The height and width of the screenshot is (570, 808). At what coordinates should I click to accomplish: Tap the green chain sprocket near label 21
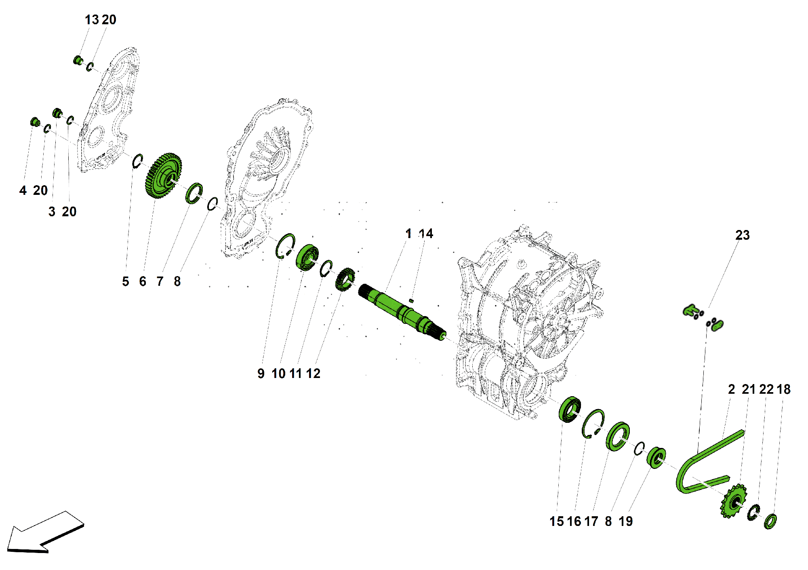click(x=732, y=501)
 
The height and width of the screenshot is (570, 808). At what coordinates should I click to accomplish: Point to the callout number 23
click(x=742, y=235)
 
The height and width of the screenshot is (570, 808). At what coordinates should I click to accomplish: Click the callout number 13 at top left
click(x=92, y=20)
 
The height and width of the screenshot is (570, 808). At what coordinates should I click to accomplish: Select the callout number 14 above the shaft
click(x=426, y=234)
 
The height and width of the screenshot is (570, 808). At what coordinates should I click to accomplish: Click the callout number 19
click(x=625, y=521)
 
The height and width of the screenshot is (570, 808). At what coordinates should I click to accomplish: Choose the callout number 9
click(x=261, y=374)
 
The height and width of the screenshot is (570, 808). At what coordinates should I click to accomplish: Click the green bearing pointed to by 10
click(x=307, y=257)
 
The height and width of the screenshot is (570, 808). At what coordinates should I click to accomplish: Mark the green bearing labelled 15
click(x=570, y=409)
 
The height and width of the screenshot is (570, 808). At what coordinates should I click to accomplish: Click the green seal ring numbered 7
click(x=194, y=193)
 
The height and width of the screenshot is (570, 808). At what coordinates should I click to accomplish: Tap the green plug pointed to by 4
click(x=35, y=121)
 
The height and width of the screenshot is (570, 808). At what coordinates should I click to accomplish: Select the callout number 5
click(x=126, y=281)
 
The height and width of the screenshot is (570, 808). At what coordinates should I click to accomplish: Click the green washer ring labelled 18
click(x=770, y=521)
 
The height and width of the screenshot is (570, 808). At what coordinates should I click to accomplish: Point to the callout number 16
click(x=574, y=521)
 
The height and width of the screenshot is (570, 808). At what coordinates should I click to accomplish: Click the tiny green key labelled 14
click(x=411, y=300)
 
